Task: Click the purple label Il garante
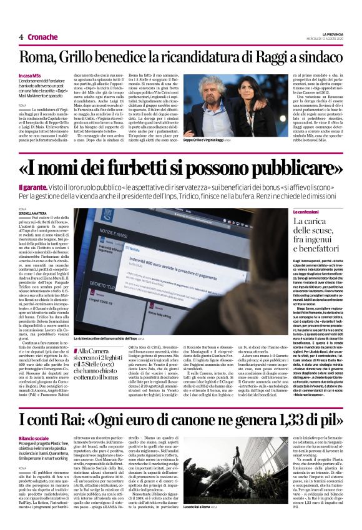pyautogui.click(x=31, y=187)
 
